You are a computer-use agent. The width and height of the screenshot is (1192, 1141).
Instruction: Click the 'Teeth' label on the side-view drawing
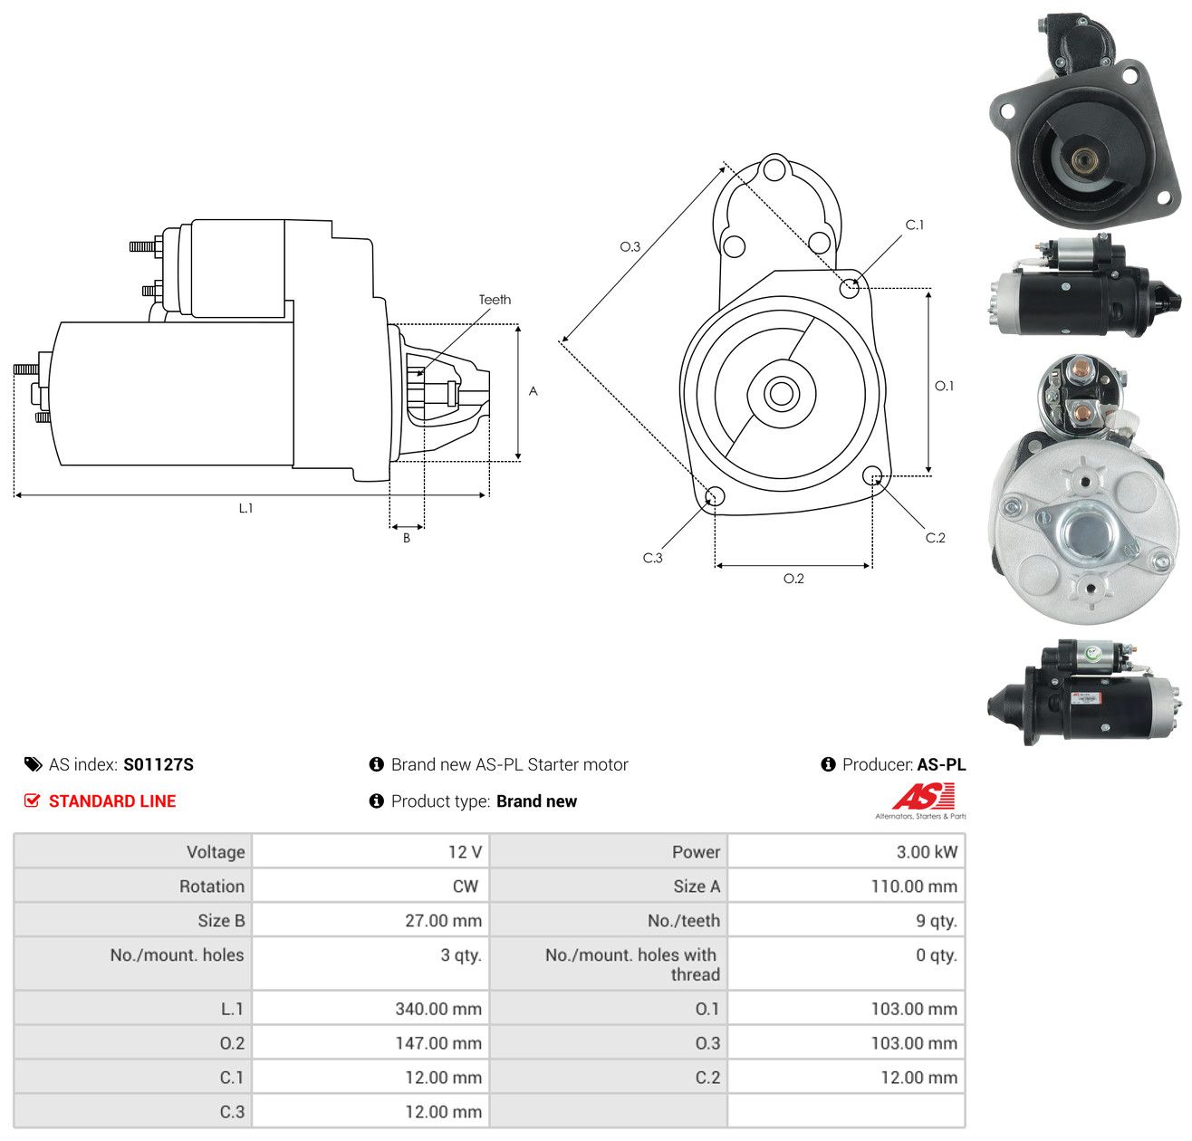[495, 300]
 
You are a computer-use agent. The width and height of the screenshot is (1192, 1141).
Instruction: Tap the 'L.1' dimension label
[245, 508]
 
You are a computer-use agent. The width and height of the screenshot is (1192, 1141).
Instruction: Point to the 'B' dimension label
[406, 538]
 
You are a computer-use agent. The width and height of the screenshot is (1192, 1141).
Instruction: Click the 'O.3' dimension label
[630, 246]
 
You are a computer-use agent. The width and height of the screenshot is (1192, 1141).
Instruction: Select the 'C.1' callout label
[914, 225]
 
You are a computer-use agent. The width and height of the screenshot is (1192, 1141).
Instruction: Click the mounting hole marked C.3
[715, 496]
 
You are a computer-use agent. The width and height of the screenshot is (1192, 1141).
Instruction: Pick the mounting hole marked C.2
[871, 475]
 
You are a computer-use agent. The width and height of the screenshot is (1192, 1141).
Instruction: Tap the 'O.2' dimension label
[793, 578]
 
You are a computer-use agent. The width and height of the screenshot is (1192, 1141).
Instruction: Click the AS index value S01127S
[158, 764]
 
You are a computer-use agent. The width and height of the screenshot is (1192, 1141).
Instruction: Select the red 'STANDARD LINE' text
[112, 801]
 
